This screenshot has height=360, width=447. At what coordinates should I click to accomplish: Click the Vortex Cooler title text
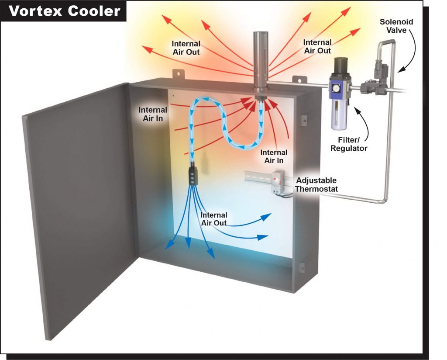tap(65, 10)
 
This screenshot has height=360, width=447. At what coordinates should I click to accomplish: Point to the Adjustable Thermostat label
tap(316, 184)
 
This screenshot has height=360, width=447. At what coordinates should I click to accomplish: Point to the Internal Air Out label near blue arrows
tap(214, 219)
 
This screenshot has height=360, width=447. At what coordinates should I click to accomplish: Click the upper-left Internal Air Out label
tap(186, 48)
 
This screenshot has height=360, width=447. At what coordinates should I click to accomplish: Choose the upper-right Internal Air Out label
tap(317, 46)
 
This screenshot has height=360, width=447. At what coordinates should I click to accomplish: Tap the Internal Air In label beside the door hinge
tap(152, 114)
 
